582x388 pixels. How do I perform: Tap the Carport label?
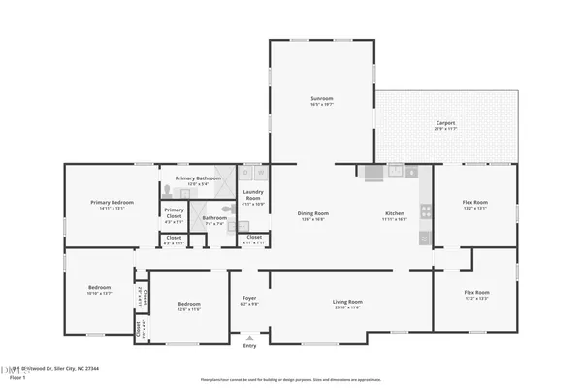[x=445, y=123]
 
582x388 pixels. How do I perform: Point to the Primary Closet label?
[x=174, y=210]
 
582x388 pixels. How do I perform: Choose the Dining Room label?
[x=312, y=213]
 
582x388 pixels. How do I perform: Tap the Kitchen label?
[x=395, y=213]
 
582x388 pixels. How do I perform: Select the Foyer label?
[x=249, y=299]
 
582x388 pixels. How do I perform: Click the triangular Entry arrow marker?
[x=249, y=338]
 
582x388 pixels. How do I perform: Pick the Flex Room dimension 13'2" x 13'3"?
[x=475, y=299]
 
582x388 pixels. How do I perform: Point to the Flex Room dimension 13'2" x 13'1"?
[x=475, y=208]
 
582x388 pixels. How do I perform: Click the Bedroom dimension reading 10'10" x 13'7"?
[x=100, y=293]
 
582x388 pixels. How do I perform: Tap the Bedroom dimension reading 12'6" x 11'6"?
[x=188, y=309]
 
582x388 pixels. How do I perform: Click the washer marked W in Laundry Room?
[x=246, y=173]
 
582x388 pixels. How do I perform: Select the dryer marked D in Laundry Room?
[x=261, y=173]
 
